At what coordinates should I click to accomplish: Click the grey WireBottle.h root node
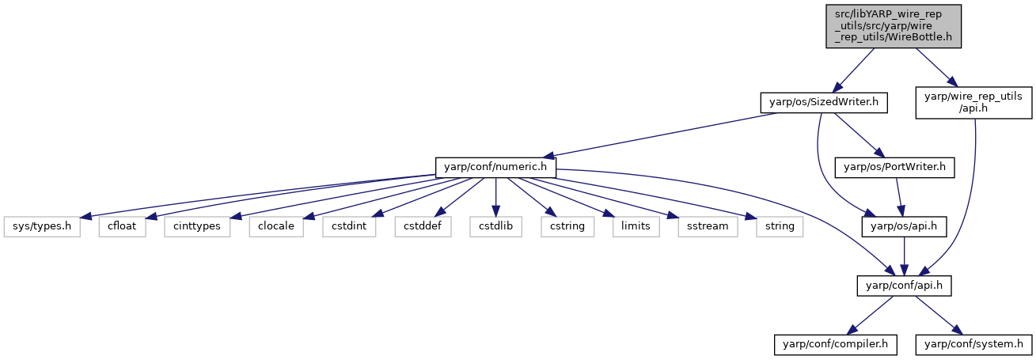tap(894, 26)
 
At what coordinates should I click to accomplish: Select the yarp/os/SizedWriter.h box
tap(824, 102)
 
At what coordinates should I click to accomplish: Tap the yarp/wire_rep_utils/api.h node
tap(973, 102)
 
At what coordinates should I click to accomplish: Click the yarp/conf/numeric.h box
tap(495, 167)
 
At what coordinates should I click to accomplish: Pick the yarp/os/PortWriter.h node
tap(894, 167)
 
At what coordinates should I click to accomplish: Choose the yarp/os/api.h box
tap(904, 226)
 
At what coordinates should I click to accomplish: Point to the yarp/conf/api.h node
tap(904, 286)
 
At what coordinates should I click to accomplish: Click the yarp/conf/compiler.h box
tap(835, 345)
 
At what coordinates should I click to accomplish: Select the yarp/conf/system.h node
tap(973, 345)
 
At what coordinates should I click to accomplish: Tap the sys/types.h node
tap(42, 226)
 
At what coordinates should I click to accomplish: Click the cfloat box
tap(122, 226)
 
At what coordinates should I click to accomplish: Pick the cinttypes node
tap(197, 226)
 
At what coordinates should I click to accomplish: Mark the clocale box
tap(276, 226)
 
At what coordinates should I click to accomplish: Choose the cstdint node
tap(349, 226)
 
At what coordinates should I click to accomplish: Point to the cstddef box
tap(423, 226)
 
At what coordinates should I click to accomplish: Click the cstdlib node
tap(495, 226)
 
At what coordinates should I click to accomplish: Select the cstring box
tap(567, 226)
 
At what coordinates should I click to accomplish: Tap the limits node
tap(636, 226)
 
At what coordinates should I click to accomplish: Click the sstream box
tap(708, 226)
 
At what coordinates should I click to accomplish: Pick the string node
tap(780, 226)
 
